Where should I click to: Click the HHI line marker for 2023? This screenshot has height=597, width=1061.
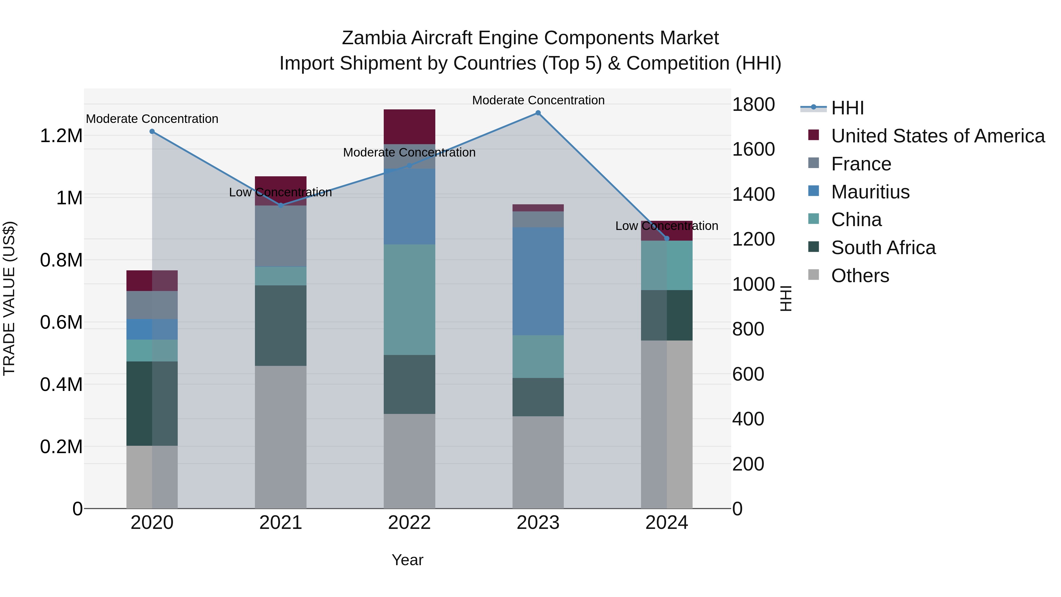pos(538,113)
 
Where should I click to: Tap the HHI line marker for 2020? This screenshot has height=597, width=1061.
pos(152,131)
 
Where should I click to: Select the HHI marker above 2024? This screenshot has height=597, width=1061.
pos(667,238)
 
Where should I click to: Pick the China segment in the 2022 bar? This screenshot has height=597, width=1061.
pos(409,300)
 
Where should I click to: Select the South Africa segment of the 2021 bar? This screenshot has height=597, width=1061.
pos(281,325)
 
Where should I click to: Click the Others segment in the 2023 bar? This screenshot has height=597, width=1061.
pos(538,462)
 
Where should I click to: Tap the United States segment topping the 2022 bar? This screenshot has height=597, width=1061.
pos(409,126)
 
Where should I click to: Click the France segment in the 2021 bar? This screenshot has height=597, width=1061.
pos(281,236)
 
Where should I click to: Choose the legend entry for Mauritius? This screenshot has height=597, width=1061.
pos(870,192)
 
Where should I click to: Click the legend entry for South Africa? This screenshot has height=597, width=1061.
pos(883,248)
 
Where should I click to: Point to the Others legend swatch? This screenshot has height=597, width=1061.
pos(813,275)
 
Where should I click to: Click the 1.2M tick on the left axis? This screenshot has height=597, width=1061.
pos(61,136)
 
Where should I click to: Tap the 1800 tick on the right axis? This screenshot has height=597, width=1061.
pos(753,104)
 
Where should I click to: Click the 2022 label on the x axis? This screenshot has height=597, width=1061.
pos(409,523)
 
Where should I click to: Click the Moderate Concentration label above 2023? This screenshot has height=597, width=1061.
pos(538,100)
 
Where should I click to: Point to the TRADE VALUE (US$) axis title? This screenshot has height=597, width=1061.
pos(9,298)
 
